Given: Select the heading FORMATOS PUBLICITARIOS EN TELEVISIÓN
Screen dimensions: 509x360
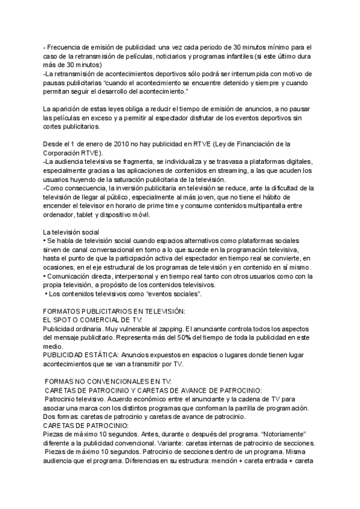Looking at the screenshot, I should [x=114, y=311].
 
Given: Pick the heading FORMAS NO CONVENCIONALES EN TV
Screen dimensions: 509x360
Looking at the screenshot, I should [x=109, y=381].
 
